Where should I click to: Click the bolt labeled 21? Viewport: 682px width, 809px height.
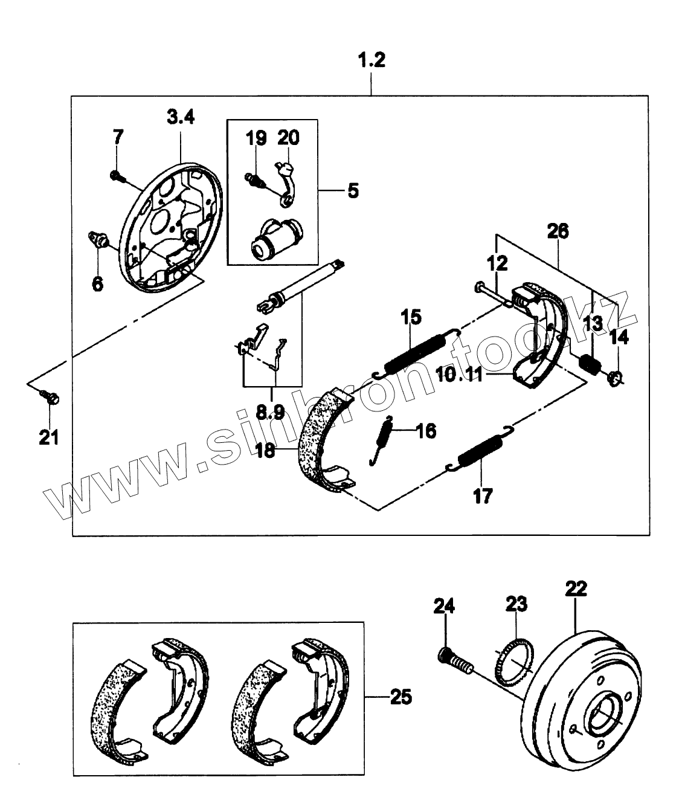tap(50, 397)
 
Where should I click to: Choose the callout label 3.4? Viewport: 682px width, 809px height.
tap(181, 117)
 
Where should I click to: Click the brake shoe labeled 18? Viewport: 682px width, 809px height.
tap(323, 438)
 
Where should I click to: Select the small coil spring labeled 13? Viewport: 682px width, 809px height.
tap(590, 364)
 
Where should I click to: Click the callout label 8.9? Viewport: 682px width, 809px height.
tap(270, 412)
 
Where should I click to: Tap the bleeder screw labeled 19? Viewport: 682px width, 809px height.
tap(254, 179)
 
